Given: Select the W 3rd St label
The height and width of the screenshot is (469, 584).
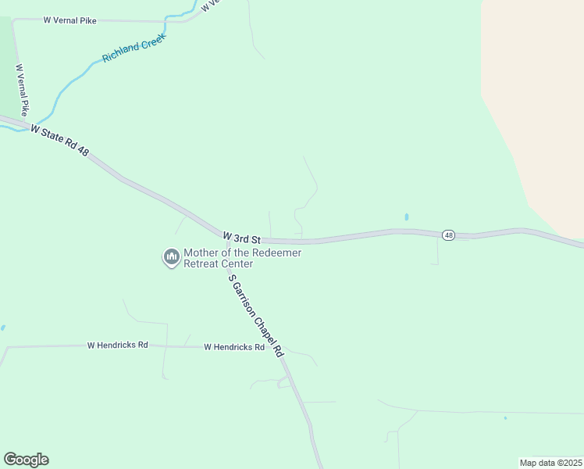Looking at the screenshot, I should click(x=240, y=237).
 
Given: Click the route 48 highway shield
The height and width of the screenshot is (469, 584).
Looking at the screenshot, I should click(x=448, y=234).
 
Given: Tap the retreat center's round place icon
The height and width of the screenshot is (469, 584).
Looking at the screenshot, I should click(x=171, y=257).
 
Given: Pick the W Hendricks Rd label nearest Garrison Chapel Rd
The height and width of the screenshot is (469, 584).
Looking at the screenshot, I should click(x=234, y=346).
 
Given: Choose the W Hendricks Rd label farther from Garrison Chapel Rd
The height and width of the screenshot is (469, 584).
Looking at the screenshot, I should click(x=117, y=344).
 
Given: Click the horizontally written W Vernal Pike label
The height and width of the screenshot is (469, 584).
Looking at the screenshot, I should click(x=70, y=20).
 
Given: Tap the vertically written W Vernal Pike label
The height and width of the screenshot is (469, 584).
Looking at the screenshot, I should click(x=23, y=90).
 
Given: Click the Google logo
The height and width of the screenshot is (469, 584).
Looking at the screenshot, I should click(x=26, y=459).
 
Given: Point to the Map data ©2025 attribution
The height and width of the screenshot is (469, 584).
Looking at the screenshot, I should click(x=550, y=463).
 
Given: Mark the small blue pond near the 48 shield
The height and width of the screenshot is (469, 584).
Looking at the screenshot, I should click(x=407, y=217).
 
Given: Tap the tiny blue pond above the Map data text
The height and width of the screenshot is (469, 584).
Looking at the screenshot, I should click(x=505, y=418).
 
